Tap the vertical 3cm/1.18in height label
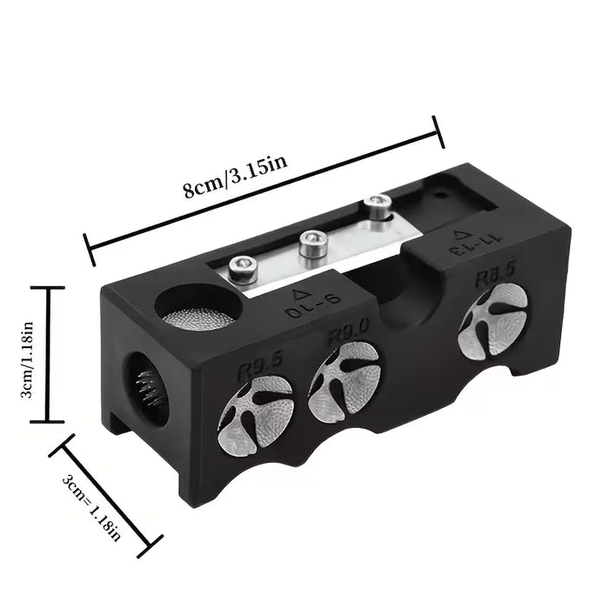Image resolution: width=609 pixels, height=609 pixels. [x=27, y=360]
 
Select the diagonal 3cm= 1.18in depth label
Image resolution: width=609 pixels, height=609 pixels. [x=91, y=507]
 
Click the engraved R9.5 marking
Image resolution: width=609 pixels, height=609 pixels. [x=261, y=367]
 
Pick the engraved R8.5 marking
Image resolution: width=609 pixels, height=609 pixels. [x=496, y=274]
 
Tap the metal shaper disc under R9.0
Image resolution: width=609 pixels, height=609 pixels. [x=345, y=383]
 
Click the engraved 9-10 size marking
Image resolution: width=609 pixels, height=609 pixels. [x=315, y=308]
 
